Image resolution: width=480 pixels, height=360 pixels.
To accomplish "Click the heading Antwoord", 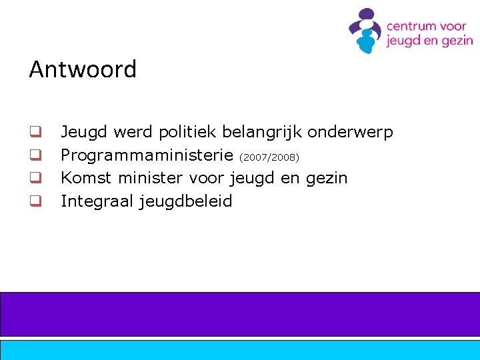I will coord(83,69).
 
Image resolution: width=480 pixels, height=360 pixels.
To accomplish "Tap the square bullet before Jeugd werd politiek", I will coord(35,132).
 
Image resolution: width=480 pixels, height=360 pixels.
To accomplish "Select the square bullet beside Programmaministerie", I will coord(35,155).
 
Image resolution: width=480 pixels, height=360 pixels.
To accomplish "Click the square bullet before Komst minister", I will coord(35,178).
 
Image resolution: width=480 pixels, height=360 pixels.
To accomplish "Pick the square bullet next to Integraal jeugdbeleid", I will coord(35,201).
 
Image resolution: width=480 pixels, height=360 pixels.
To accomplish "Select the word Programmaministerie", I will coord(147,156).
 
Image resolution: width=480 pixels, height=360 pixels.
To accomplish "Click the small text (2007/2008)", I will coord(269,157).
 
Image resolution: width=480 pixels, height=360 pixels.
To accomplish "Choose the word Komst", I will coord(85,178).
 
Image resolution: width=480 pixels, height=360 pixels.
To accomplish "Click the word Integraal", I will coord(97,201).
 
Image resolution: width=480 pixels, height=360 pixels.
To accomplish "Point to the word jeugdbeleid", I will coord(186,201).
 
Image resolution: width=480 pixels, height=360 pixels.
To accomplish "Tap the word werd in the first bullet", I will coord(133,132).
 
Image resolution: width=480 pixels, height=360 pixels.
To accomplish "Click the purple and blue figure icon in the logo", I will coord(365,30).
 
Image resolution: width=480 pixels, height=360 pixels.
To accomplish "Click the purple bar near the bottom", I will coord(240,314).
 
